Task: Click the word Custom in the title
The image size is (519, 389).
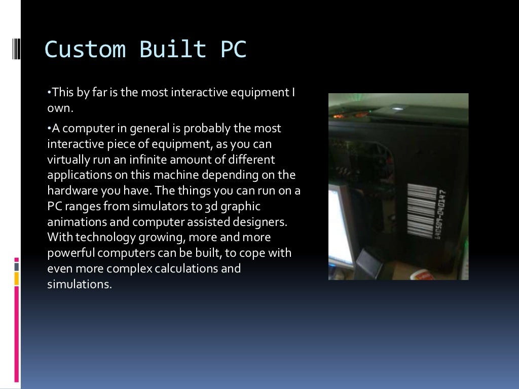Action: [x=85, y=50]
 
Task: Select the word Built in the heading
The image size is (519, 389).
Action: [x=172, y=50]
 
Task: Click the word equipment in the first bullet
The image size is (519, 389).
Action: [x=258, y=93]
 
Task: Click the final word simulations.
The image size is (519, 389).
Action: [x=79, y=284]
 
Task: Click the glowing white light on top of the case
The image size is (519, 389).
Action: [x=398, y=107]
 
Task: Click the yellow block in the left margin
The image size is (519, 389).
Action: [x=17, y=278]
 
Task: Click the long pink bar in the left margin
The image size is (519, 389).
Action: [x=17, y=334]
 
